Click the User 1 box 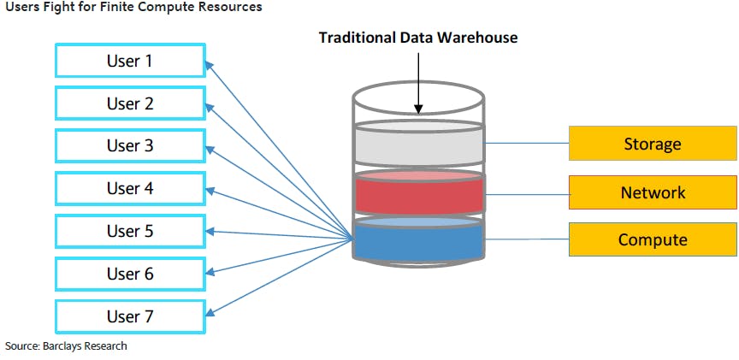130,61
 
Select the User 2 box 130,103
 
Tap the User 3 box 130,145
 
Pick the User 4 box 130,188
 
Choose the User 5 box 130,231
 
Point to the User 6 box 130,274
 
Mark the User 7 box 130,316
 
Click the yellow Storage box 653,144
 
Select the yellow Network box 653,192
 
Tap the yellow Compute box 653,239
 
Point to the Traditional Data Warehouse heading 418,38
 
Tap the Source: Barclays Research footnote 66,346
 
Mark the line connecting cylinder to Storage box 526,144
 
